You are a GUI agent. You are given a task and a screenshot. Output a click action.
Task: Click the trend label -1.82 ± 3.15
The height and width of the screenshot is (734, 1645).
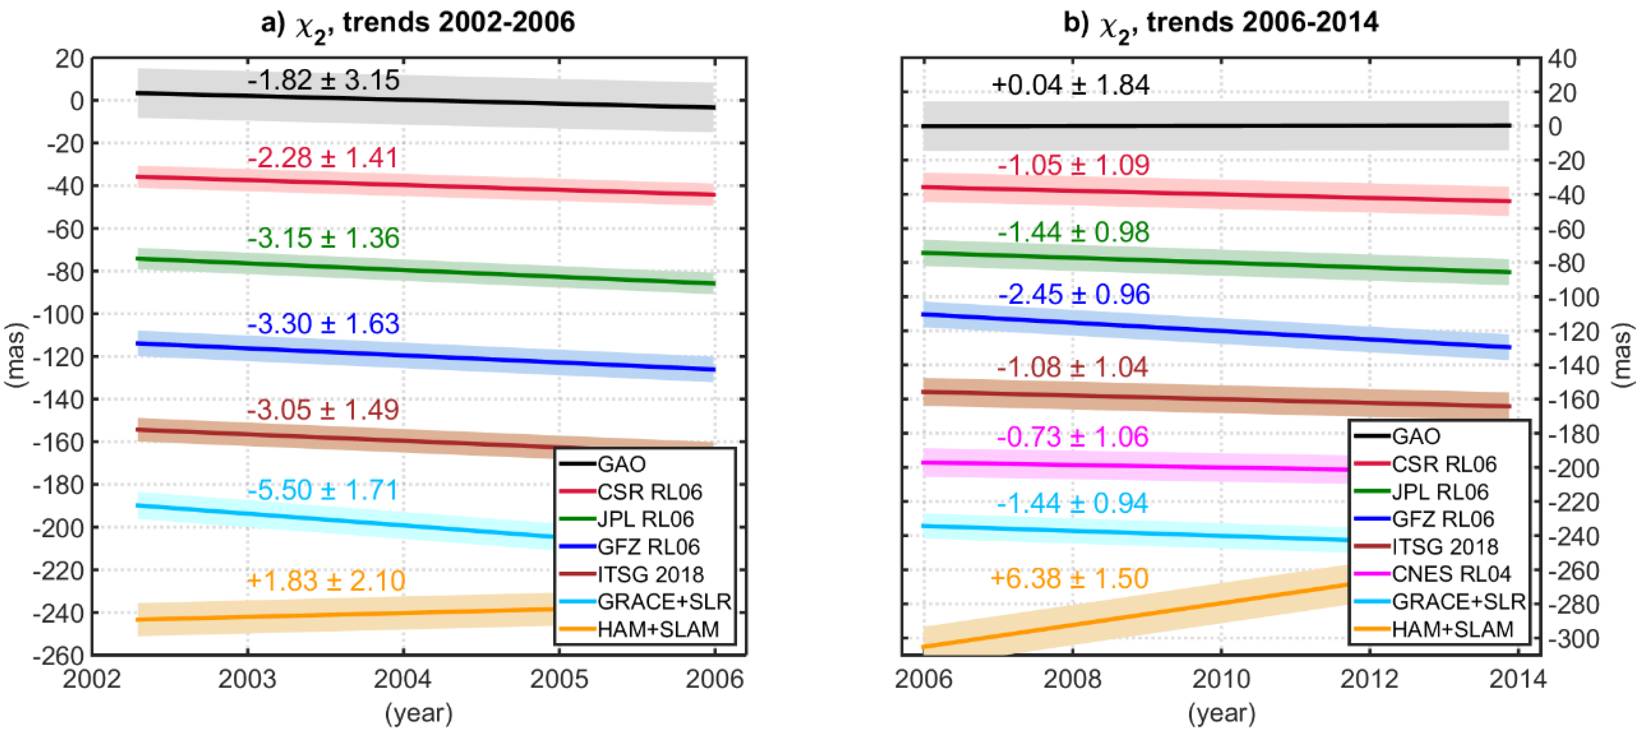click(323, 80)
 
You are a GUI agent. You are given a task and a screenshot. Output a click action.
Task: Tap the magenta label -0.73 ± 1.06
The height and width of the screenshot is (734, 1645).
click(1072, 437)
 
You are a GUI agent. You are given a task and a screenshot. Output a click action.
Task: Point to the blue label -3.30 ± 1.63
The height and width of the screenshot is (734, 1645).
click(323, 323)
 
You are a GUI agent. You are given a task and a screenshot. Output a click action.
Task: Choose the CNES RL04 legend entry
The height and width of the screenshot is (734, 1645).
click(1451, 574)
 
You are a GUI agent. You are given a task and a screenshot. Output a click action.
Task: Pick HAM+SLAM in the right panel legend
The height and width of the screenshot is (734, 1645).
click(1452, 629)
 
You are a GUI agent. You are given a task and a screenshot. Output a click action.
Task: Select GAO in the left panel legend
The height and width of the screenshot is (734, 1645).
click(621, 463)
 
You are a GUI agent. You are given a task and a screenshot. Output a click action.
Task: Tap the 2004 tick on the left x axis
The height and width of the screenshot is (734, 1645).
click(403, 679)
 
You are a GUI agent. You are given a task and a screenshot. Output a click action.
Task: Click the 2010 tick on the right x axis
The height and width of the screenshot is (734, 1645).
click(1221, 679)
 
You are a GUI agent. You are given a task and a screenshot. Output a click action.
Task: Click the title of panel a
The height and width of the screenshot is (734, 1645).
click(418, 24)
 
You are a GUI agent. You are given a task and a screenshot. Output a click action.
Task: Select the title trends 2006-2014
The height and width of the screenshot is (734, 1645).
click(1221, 24)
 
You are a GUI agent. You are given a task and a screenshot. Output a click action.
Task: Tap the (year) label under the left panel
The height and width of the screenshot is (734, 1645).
click(418, 713)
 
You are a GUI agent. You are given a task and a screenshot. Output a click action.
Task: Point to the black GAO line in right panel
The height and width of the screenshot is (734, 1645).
click(1213, 126)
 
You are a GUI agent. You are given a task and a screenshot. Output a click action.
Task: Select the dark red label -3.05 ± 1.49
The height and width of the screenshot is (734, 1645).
click(323, 409)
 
